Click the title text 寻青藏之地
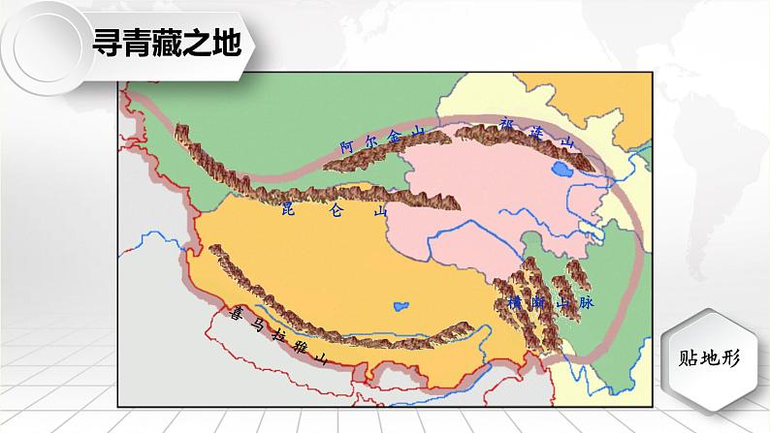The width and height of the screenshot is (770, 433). pyautogui.click(x=164, y=43)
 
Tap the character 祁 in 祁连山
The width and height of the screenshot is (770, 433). pyautogui.click(x=505, y=124)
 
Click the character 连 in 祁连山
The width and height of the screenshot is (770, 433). pyautogui.click(x=538, y=134)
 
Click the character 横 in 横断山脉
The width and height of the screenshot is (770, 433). pyautogui.click(x=514, y=302)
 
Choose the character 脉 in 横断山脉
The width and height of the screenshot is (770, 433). pyautogui.click(x=585, y=302)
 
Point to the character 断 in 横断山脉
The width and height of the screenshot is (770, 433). pyautogui.click(x=538, y=302)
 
